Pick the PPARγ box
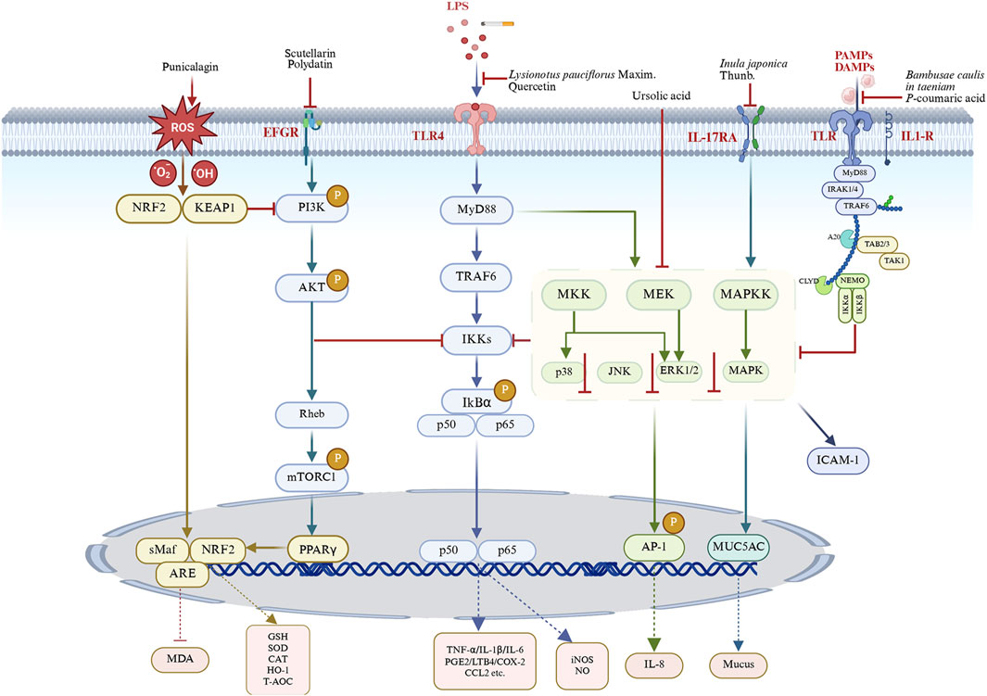pos(324,550)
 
